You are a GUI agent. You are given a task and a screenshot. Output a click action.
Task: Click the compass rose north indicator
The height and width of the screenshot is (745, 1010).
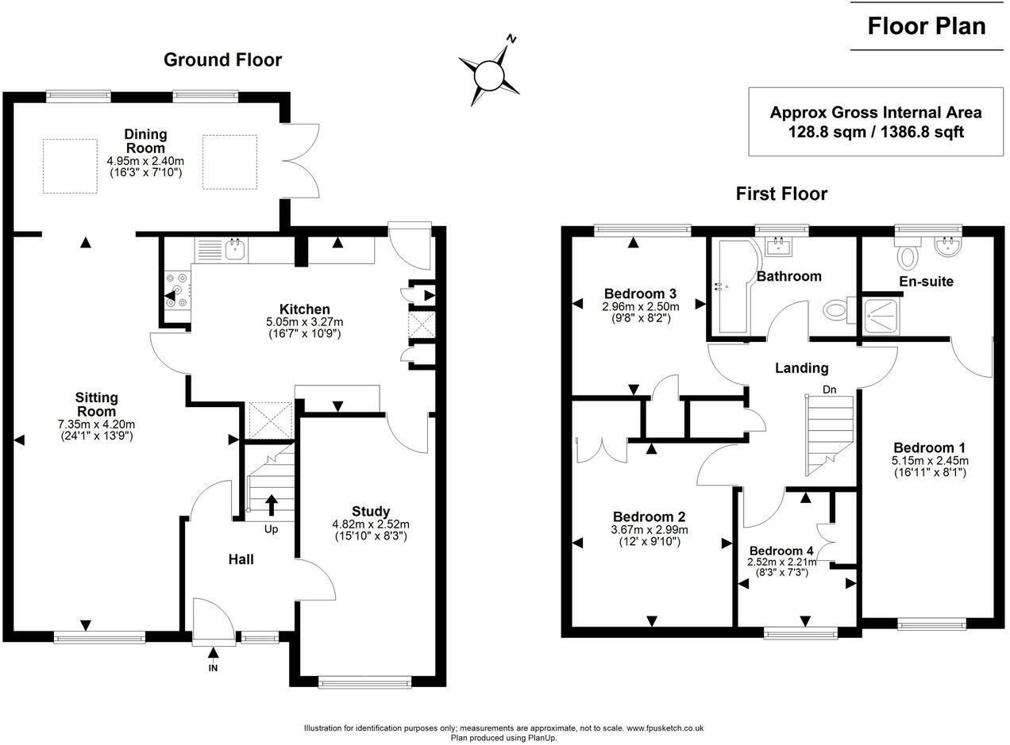[512, 39]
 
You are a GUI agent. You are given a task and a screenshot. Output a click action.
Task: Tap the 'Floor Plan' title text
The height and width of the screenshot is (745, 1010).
[926, 26]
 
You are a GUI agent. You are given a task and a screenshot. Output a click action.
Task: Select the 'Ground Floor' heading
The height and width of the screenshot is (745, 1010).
[222, 60]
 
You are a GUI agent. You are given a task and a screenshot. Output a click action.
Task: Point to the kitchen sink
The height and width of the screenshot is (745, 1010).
[235, 250]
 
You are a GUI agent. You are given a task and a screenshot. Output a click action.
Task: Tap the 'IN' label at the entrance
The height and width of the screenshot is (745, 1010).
[213, 668]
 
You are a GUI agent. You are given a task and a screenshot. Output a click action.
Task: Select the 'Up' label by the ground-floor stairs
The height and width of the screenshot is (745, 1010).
[271, 529]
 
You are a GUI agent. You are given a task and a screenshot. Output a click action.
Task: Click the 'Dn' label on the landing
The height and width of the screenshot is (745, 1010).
[829, 390]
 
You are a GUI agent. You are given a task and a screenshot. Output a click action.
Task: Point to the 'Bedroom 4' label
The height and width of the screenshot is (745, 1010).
[781, 551]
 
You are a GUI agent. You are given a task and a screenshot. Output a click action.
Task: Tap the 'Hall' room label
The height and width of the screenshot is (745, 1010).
[241, 559]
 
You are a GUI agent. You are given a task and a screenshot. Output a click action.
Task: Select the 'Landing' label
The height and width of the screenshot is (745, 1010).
[801, 368]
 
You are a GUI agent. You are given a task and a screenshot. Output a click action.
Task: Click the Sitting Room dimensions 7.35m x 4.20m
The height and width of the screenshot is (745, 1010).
[96, 424]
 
